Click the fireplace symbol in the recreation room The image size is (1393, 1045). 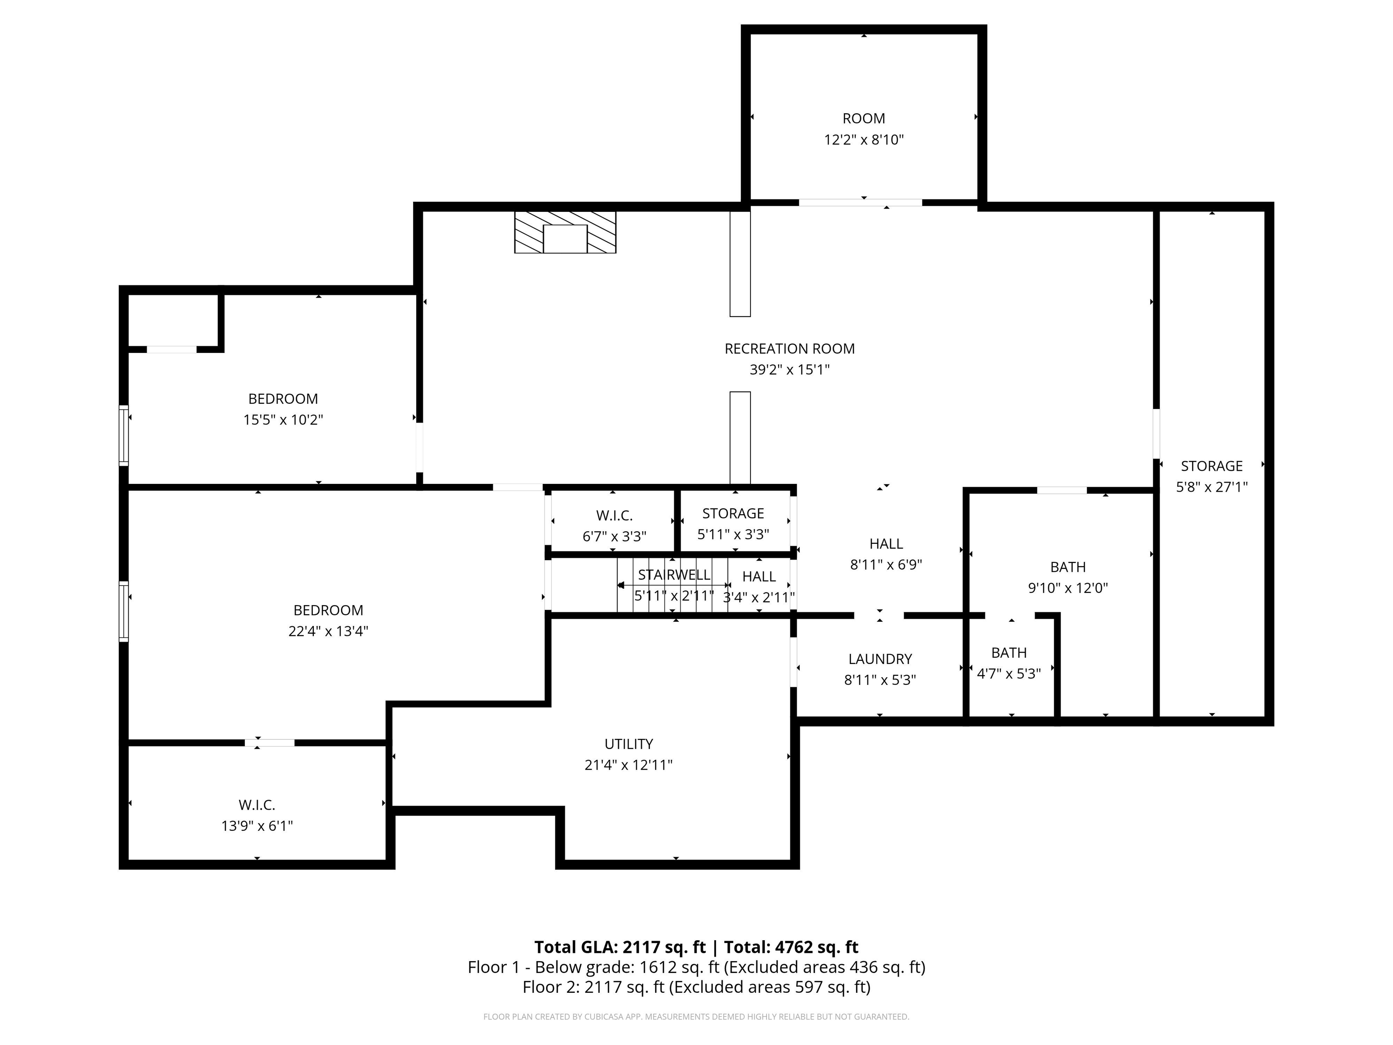[x=565, y=232]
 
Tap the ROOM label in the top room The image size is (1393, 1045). [x=863, y=118]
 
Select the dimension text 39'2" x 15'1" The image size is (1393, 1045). [x=789, y=370]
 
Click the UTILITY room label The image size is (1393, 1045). [x=628, y=744]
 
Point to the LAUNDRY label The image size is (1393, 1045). [x=880, y=659]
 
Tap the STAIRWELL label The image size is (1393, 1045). [x=674, y=575]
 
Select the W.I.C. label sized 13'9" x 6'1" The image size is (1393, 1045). [x=256, y=805]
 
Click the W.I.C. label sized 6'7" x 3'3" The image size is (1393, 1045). [x=614, y=516]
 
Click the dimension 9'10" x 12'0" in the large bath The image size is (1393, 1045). [x=1068, y=588]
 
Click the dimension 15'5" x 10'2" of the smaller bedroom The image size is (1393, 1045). [x=283, y=420]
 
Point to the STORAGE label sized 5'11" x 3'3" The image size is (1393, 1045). [x=733, y=513]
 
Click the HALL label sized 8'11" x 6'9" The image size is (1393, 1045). [x=886, y=544]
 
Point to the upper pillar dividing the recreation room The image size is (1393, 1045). [x=740, y=264]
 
